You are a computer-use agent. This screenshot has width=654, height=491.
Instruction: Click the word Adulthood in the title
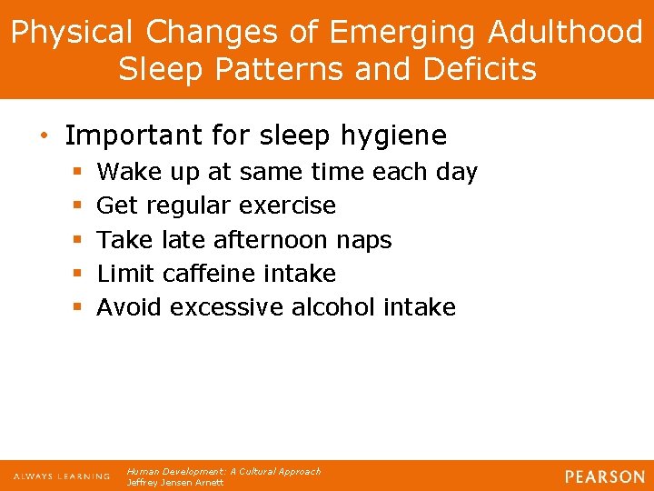point(565,33)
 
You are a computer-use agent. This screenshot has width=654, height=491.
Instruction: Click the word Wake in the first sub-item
point(126,172)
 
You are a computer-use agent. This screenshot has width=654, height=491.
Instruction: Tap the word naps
point(362,240)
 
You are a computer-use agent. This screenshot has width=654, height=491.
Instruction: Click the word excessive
point(226,307)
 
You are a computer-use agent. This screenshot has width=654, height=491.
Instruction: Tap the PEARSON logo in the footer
point(603,476)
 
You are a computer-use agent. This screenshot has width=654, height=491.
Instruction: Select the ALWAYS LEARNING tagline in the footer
point(61,476)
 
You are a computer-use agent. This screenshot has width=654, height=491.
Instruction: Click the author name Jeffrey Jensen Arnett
point(175,483)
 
